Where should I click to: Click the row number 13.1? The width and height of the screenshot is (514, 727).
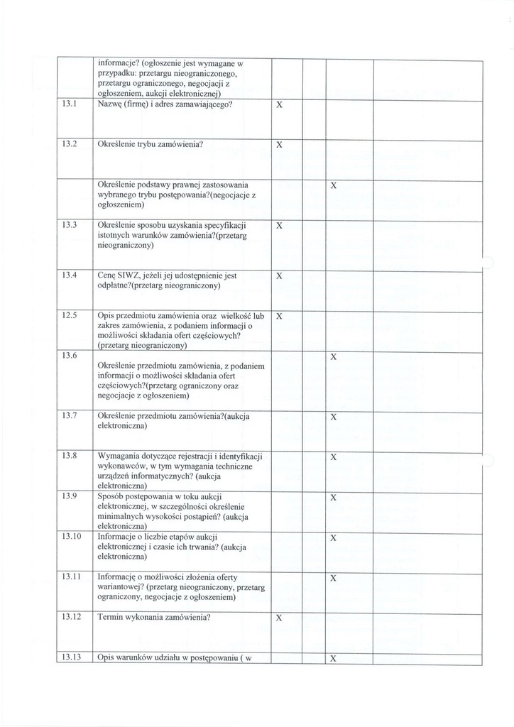tap(69, 104)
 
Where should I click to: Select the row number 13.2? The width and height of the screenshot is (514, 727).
tap(69, 144)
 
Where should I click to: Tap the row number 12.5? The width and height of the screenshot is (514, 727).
tap(69, 315)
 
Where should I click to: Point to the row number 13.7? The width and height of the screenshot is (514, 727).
tap(69, 416)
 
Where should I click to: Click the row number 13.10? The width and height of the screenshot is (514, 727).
tap(71, 537)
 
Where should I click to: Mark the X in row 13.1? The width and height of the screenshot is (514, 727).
tap(279, 105)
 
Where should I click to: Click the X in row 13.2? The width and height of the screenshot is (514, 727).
tap(279, 145)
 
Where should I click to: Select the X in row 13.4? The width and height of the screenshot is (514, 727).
tap(279, 275)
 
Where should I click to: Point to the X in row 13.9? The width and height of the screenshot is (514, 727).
tap(334, 497)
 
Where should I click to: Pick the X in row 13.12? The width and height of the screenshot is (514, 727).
tap(279, 618)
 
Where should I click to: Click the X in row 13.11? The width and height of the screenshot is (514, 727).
tap(334, 578)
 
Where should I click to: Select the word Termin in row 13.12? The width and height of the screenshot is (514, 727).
tap(113, 618)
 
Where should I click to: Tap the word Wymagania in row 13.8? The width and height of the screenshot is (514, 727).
tap(121, 456)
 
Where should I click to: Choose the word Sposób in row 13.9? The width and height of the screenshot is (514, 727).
tap(113, 496)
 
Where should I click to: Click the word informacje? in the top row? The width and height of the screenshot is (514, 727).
tap(119, 62)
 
